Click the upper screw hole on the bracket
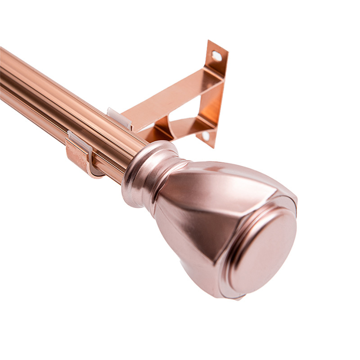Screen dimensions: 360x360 [x=217, y=56]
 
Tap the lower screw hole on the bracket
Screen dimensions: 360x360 [x=206, y=135]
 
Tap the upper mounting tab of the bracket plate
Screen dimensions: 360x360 [x=216, y=58]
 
